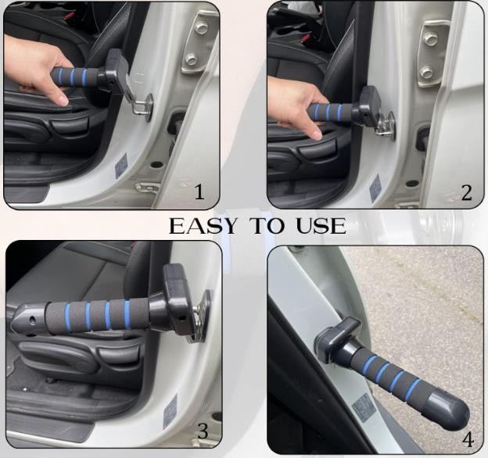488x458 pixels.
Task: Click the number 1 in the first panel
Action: click(x=199, y=191)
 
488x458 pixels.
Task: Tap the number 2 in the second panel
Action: click(x=467, y=192)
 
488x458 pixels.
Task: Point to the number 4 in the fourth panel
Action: click(x=468, y=440)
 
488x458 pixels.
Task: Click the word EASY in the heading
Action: click(x=203, y=226)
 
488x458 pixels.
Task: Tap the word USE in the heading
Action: click(x=321, y=226)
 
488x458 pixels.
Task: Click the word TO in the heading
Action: click(x=267, y=226)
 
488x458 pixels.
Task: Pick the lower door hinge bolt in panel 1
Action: click(x=191, y=59)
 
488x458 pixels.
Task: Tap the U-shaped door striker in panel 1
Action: click(x=142, y=106)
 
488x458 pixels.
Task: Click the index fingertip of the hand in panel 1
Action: click(x=63, y=101)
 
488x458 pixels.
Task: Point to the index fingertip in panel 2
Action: click(x=317, y=134)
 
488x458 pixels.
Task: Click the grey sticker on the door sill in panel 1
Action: click(x=121, y=165)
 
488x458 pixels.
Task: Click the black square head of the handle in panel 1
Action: click(x=117, y=66)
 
